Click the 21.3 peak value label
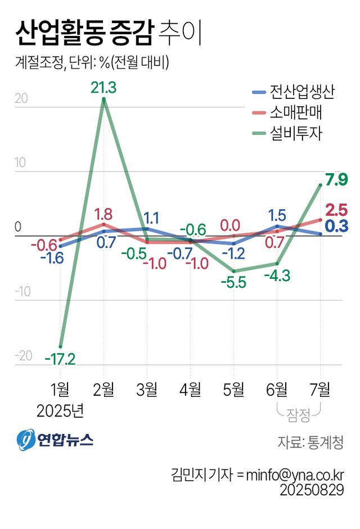[103, 88]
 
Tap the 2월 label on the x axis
[103, 388]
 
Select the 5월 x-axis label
[233, 388]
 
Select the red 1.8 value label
[103, 214]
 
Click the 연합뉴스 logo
[55, 439]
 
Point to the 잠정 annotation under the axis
[299, 415]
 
